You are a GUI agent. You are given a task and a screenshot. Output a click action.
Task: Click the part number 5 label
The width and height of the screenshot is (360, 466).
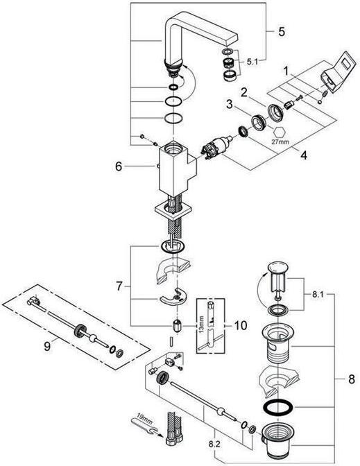(x=281, y=32)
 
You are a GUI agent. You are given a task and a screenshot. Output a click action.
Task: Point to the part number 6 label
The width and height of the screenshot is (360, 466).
(x=119, y=166)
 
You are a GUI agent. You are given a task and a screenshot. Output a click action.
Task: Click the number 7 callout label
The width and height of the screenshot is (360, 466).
(x=119, y=286)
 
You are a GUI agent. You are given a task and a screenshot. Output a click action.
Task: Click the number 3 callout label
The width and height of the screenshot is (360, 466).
(x=228, y=105)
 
